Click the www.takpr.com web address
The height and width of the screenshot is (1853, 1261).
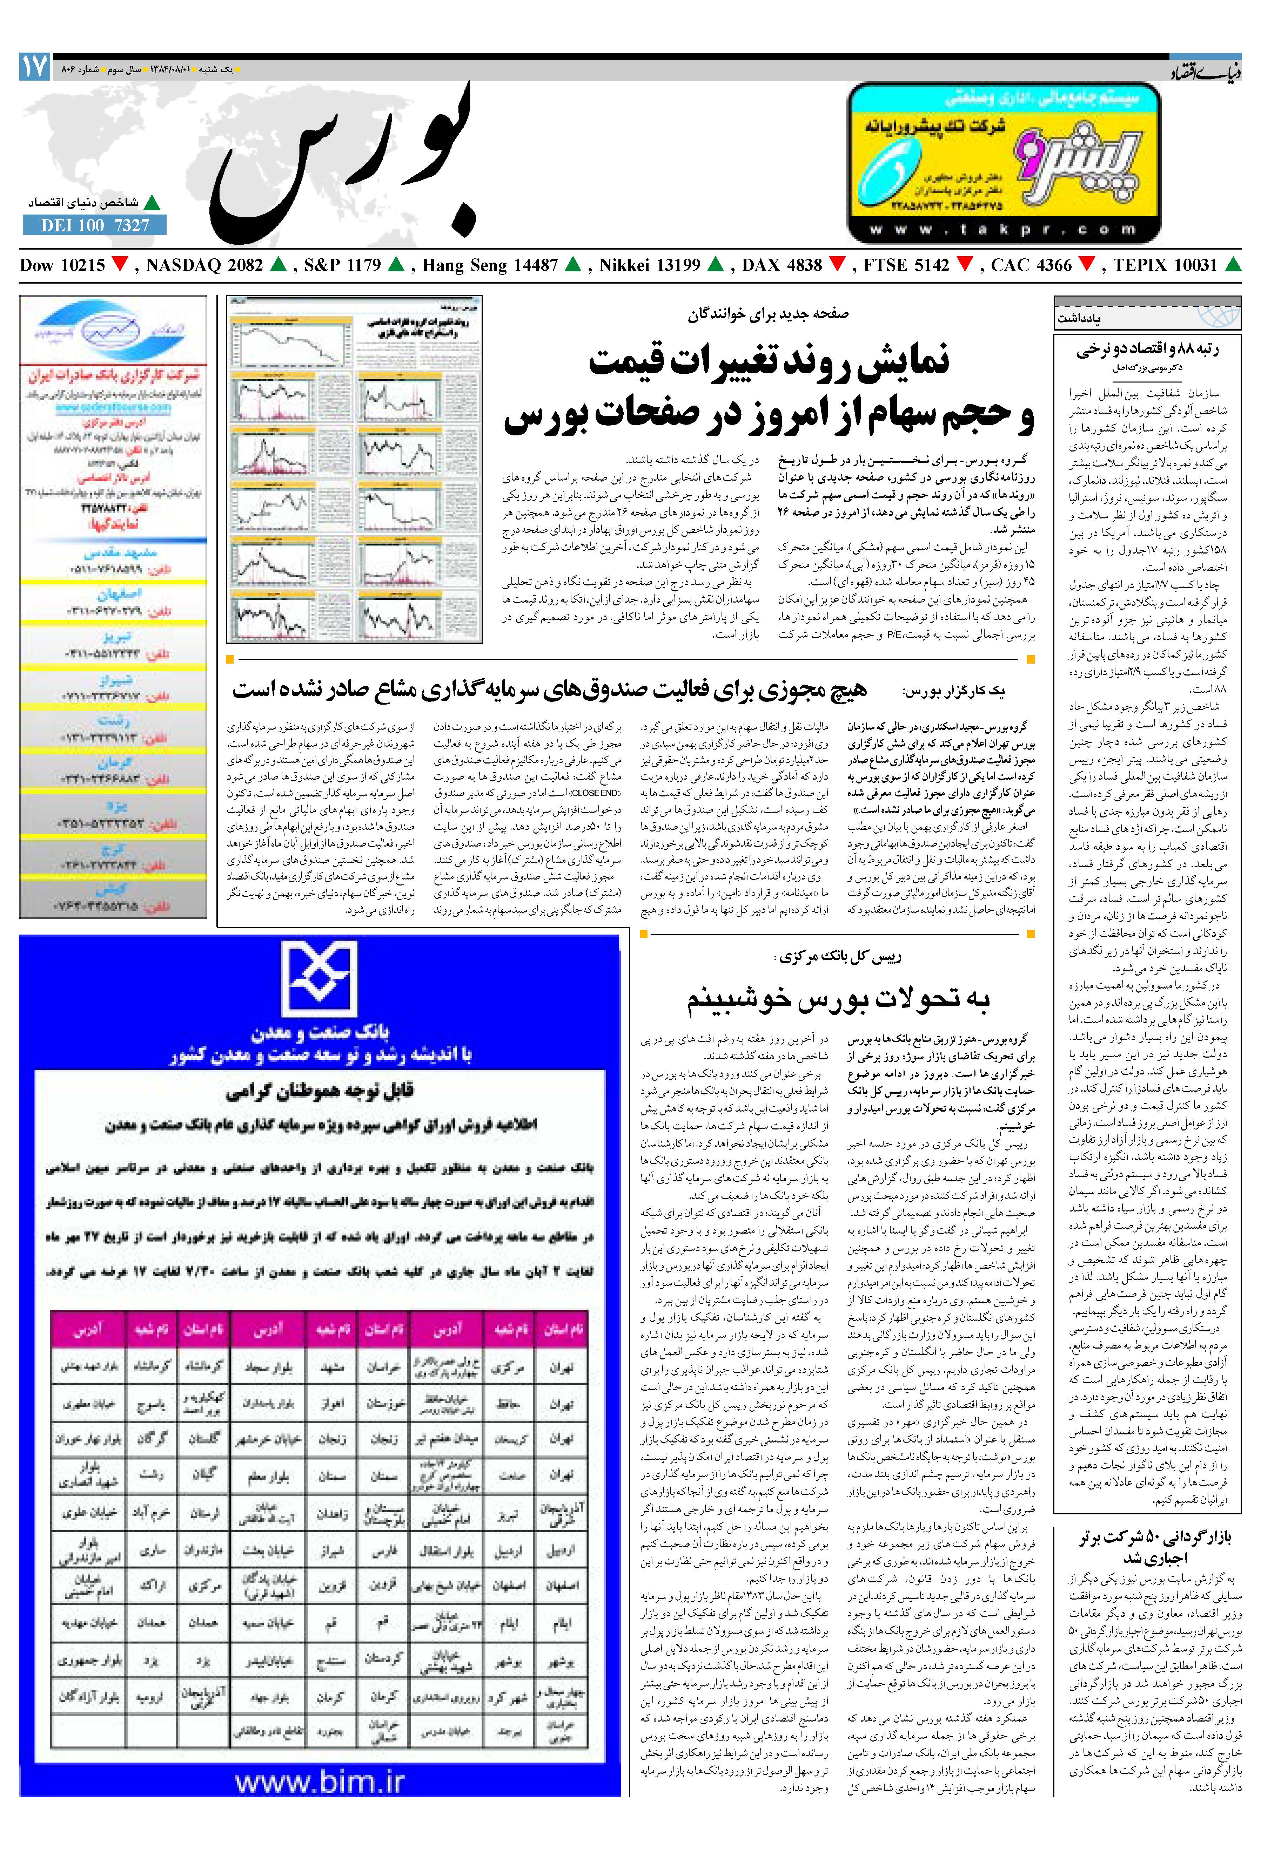[1004, 230]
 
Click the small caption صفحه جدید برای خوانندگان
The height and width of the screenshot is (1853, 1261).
[768, 314]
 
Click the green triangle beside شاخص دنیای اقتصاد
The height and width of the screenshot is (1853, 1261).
[152, 203]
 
